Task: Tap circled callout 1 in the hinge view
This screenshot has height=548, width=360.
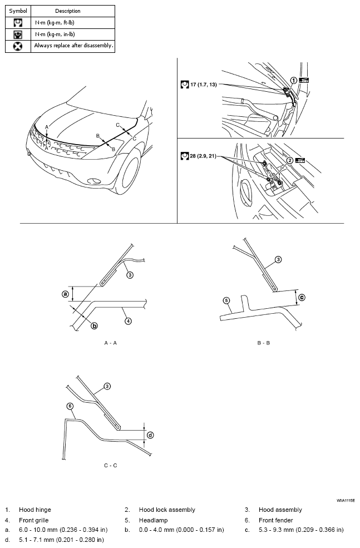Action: (293, 80)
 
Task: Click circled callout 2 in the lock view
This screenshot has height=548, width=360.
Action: (290, 160)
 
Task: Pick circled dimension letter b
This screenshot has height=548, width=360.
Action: (94, 325)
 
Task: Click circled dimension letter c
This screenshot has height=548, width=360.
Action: (302, 297)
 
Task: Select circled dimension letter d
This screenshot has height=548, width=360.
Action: (150, 435)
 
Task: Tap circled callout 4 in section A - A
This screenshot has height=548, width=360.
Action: (128, 320)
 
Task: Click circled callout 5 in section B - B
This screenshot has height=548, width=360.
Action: (226, 301)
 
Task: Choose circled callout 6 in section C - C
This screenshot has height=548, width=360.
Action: (70, 406)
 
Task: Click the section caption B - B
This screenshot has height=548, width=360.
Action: (264, 343)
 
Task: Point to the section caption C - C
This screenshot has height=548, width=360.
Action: (110, 465)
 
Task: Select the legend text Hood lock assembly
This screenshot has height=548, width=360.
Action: (167, 510)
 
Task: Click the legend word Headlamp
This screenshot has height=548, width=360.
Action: (152, 520)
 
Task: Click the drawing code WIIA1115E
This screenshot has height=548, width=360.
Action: (345, 501)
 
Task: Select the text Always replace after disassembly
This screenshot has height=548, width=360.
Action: (73, 46)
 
